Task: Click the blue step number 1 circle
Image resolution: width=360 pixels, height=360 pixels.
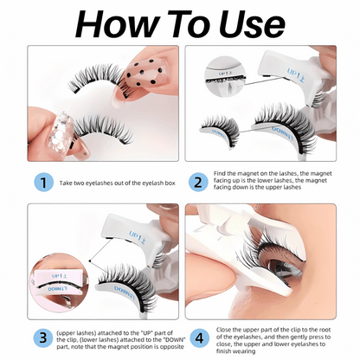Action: click(43, 183)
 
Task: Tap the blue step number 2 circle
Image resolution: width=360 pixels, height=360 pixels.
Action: click(198, 183)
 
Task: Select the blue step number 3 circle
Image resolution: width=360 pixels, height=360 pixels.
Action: click(43, 337)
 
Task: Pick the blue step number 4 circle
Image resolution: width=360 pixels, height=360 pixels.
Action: click(199, 337)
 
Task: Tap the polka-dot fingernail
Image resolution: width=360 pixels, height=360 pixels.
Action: click(143, 75)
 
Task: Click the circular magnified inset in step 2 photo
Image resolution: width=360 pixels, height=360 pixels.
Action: click(225, 76)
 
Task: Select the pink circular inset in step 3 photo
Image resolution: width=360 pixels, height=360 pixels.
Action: click(59, 284)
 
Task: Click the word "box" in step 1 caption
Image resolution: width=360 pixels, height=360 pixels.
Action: click(170, 183)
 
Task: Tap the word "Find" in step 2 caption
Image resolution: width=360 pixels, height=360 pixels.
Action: click(220, 174)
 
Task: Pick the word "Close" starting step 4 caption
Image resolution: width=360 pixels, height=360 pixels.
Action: click(224, 330)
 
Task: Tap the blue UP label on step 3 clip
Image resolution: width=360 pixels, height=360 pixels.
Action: click(137, 236)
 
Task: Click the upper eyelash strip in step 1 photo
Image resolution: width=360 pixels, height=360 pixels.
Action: click(95, 78)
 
